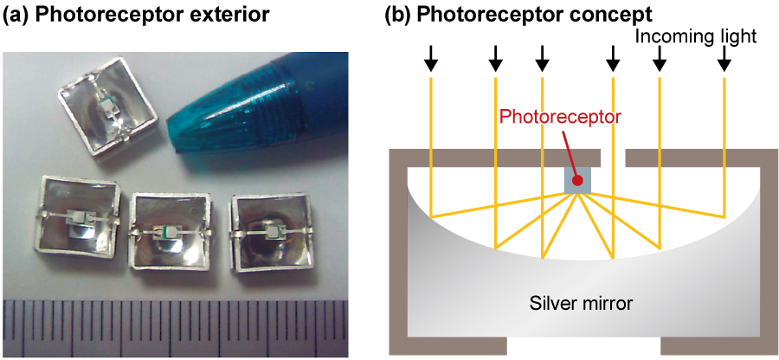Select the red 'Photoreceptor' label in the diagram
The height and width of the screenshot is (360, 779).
tap(560, 116)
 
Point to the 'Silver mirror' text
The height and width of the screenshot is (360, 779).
tap(582, 304)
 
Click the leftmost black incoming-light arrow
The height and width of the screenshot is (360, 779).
tap(430, 59)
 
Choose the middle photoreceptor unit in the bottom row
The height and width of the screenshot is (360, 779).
tap(171, 229)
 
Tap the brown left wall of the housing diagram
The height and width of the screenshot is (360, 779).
tap(397, 251)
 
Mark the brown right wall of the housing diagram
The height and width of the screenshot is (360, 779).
tap(769, 251)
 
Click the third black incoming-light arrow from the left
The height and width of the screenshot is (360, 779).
tap(542, 59)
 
